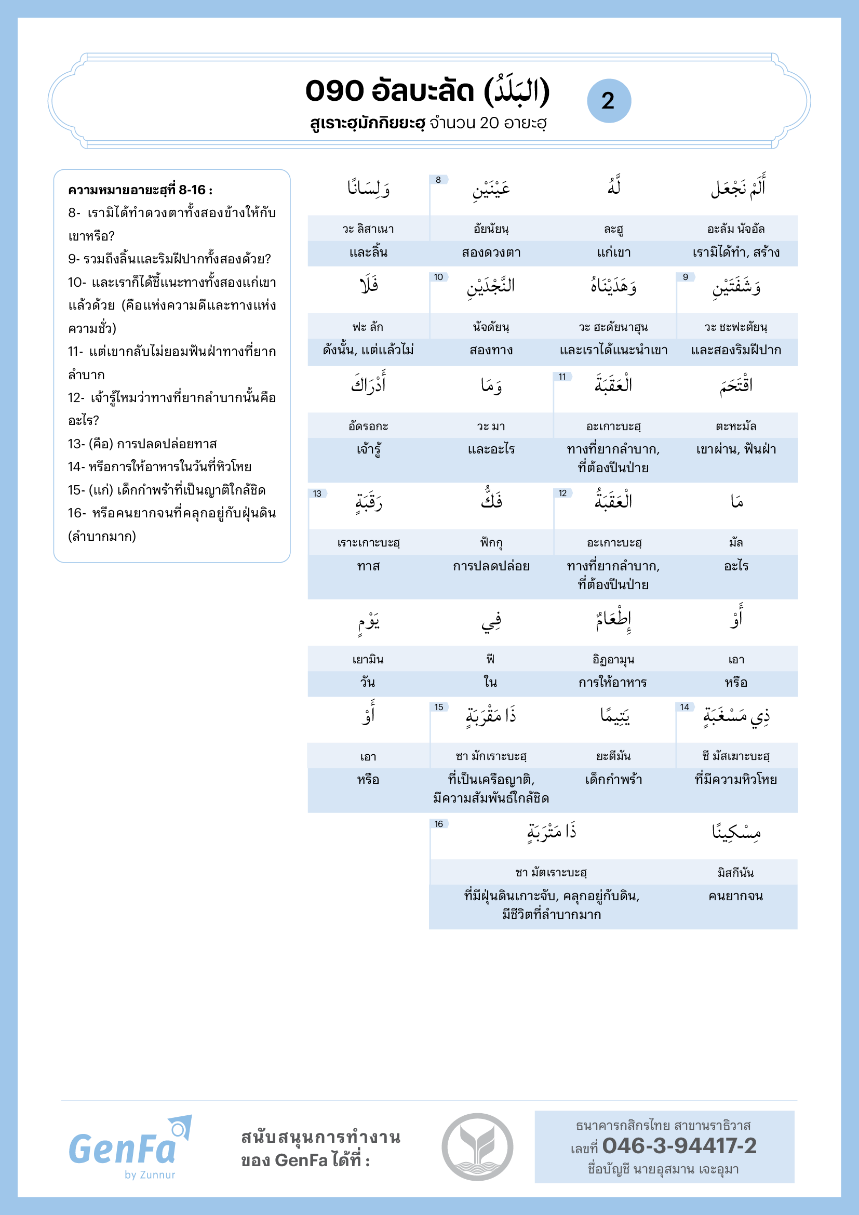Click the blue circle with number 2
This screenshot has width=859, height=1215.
pyautogui.click(x=609, y=101)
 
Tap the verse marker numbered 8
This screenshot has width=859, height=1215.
pyautogui.click(x=438, y=180)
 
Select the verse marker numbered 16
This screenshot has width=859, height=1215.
pyautogui.click(x=438, y=824)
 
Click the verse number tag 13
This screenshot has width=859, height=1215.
pyautogui.click(x=317, y=493)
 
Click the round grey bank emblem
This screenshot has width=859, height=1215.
pyautogui.click(x=477, y=1147)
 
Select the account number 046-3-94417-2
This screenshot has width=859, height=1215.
pyautogui.click(x=679, y=1146)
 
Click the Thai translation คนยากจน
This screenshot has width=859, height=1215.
pyautogui.click(x=736, y=896)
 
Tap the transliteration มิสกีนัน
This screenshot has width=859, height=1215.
pyautogui.click(x=736, y=873)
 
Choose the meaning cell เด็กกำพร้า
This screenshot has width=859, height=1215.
pyautogui.click(x=613, y=780)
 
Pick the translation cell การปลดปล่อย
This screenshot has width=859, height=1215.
pyautogui.click(x=491, y=566)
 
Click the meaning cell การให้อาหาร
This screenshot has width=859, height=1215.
pyautogui.click(x=612, y=683)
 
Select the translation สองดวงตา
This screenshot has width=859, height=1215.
pyautogui.click(x=491, y=253)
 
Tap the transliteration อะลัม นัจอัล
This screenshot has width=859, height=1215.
pyautogui.click(x=736, y=229)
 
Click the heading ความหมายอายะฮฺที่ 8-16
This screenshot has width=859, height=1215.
pyautogui.click(x=140, y=190)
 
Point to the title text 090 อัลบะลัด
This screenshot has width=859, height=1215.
pyautogui.click(x=390, y=91)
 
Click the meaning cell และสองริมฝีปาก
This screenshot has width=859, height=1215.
pyautogui.click(x=736, y=350)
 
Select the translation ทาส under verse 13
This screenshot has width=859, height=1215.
pyautogui.click(x=368, y=566)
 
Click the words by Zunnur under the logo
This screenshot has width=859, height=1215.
pyautogui.click(x=150, y=1175)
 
